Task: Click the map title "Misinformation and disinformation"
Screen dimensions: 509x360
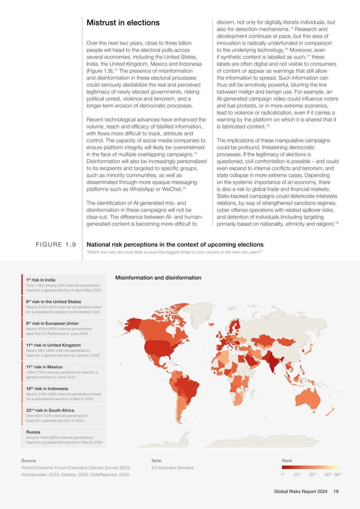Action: (158, 278)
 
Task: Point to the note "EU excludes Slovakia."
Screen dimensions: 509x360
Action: (173, 468)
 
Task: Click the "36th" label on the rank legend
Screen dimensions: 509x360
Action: (337, 475)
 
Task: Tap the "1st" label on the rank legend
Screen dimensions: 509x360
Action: (284, 475)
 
